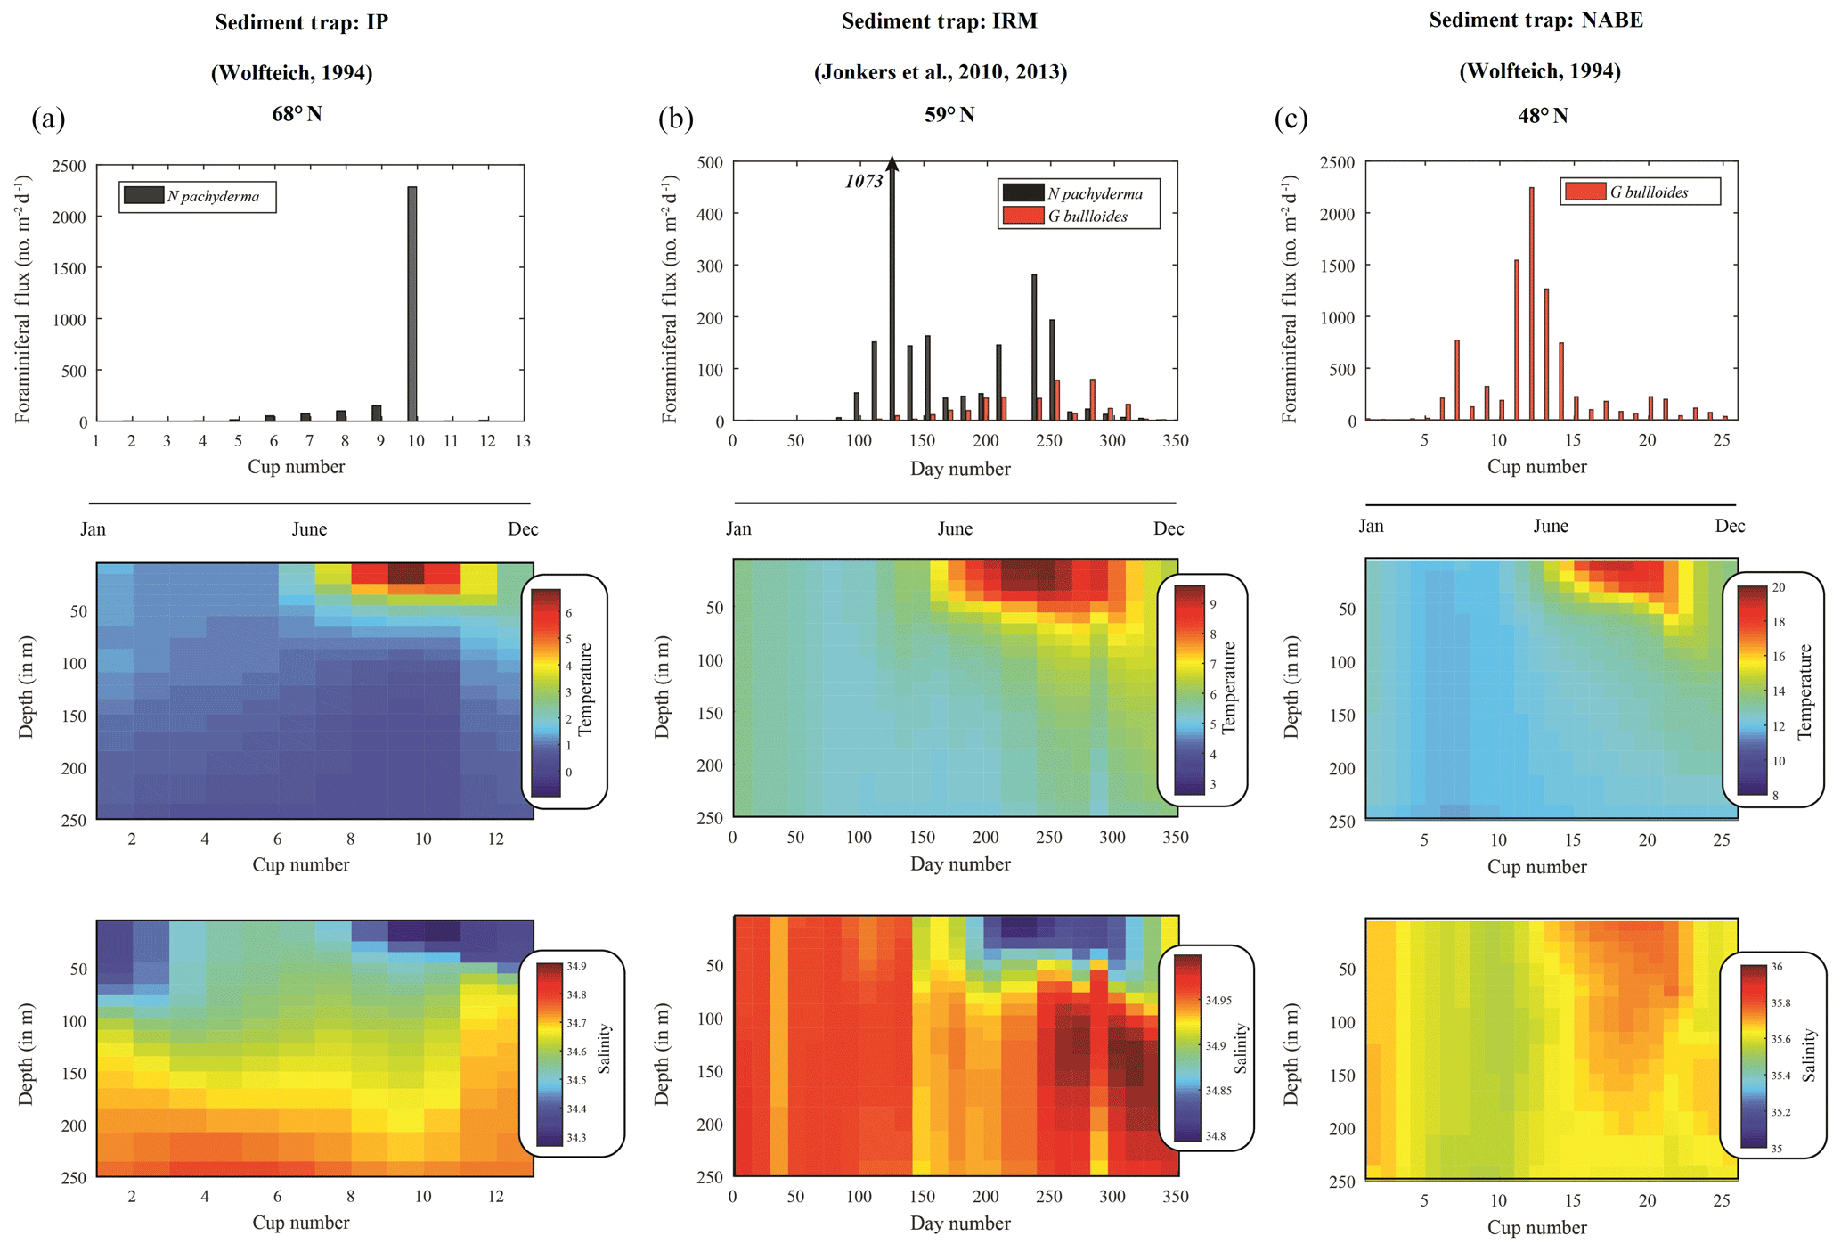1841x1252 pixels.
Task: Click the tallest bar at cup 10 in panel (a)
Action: [x=411, y=303]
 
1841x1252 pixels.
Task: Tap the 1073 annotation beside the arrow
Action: [x=864, y=182]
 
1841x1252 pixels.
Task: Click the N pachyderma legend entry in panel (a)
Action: [x=198, y=197]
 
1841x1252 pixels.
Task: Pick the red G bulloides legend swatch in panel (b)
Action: [x=1022, y=216]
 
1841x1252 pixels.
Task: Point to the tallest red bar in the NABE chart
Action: [x=1531, y=303]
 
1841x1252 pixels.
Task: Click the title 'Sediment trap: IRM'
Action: [x=940, y=21]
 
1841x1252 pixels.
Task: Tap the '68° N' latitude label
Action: [x=297, y=114]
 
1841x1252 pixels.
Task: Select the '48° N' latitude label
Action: [x=1543, y=116]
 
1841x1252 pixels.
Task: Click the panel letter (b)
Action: [x=675, y=119]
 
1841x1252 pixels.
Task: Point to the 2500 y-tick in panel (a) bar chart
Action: [x=69, y=167]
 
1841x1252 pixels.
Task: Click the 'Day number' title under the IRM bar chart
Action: [x=960, y=469]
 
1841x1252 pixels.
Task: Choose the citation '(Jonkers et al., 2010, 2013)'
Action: [x=940, y=72]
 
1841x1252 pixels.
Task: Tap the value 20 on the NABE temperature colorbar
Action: [x=1778, y=587]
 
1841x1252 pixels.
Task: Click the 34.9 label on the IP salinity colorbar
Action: [x=576, y=966]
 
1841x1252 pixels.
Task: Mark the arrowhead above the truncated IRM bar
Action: [x=892, y=163]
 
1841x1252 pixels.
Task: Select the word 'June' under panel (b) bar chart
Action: [x=955, y=529]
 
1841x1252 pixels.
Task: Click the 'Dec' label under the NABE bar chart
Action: [x=1730, y=527]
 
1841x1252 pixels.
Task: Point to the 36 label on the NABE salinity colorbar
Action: [x=1776, y=967]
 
